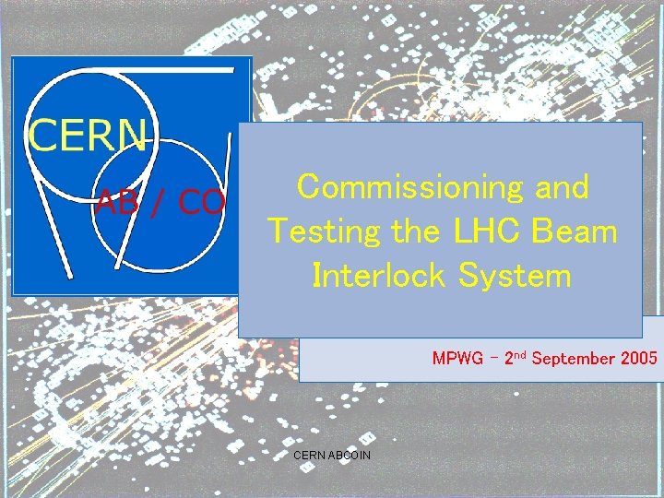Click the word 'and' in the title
[561, 187]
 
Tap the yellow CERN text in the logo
[88, 136]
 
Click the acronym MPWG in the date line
[457, 358]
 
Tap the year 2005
[639, 358]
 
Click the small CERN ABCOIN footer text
[331, 455]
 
